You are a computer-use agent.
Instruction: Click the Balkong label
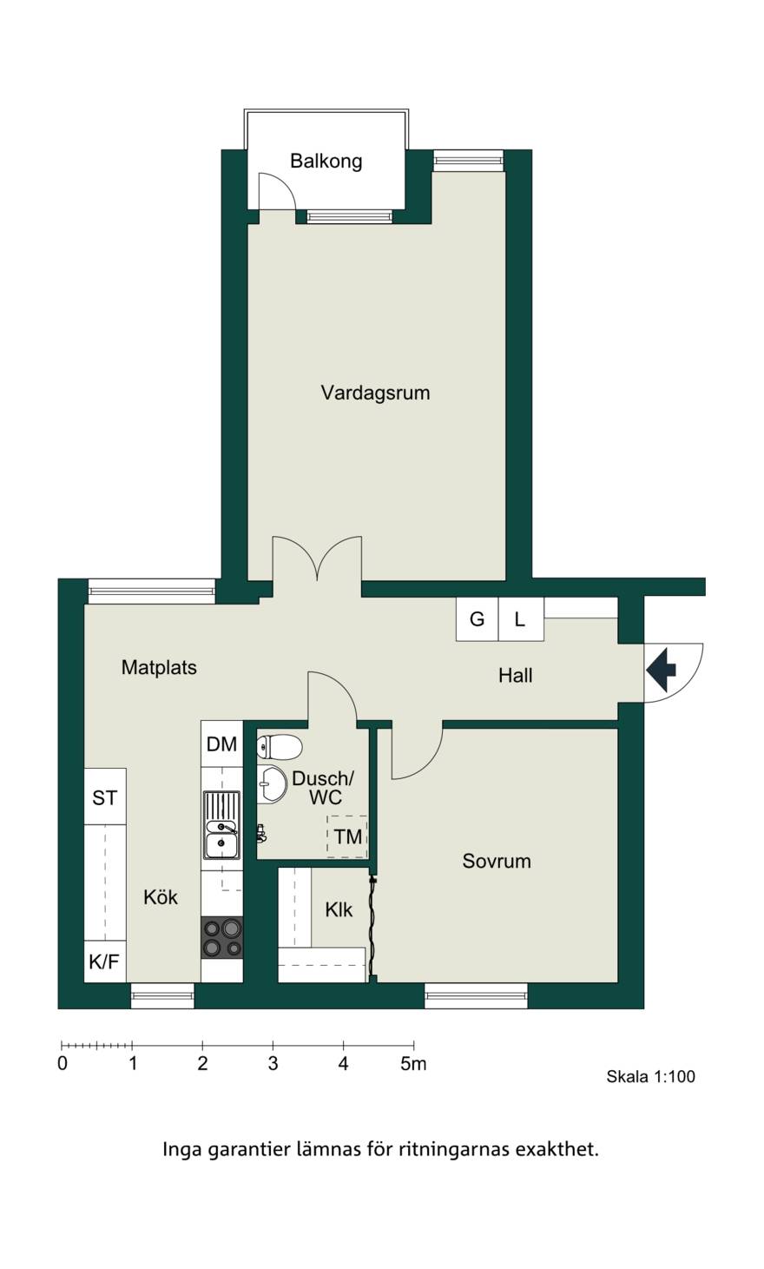coord(326,162)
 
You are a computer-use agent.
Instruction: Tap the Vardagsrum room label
coord(375,393)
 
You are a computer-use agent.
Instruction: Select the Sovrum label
coord(496,861)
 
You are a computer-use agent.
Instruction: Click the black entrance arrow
coord(661,671)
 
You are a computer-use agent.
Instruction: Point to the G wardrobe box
coord(477,618)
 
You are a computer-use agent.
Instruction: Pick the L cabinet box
coord(521,618)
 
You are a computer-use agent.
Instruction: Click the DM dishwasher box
coord(221,744)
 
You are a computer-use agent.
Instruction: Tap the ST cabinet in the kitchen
coord(105,796)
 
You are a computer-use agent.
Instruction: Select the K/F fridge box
coord(105,962)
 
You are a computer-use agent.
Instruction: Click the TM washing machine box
coord(347,836)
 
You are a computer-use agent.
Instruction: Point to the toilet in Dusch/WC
coord(279,747)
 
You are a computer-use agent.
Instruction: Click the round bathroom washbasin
coord(271,784)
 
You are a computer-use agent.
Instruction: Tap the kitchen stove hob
coord(222,937)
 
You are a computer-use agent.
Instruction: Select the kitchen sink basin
coord(222,825)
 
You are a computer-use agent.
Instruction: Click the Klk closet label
coord(339,909)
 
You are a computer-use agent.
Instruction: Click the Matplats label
coord(159,667)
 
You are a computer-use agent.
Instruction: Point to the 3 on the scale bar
coord(273,1064)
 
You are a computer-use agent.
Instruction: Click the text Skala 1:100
coord(651,1076)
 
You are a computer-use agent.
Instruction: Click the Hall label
coord(516,675)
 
